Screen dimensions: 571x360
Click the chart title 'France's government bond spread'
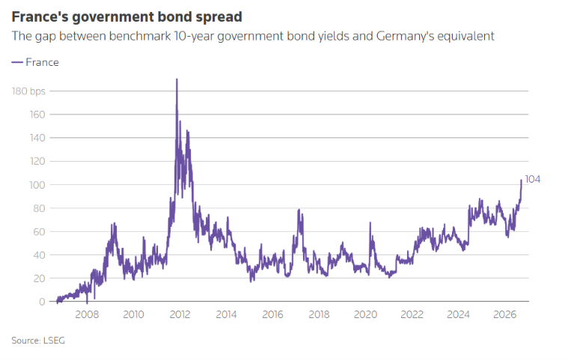click(126, 16)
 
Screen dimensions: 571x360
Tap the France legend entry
click(35, 62)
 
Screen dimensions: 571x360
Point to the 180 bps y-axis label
click(28, 91)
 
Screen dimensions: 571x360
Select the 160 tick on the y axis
click(37, 115)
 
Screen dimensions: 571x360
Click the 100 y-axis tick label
click(37, 185)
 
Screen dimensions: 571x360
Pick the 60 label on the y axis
click(39, 232)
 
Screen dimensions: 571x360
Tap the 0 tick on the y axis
click(42, 302)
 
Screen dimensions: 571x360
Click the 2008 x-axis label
click(87, 314)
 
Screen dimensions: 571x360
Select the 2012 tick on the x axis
click(180, 314)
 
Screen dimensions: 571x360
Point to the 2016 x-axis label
click(272, 314)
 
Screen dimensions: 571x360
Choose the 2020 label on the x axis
click(366, 314)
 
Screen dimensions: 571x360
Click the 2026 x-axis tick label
click(504, 314)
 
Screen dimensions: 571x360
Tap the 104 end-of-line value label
click(532, 180)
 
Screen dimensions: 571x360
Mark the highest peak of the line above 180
click(177, 79)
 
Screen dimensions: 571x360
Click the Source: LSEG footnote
click(38, 341)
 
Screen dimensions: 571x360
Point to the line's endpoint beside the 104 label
click(521, 180)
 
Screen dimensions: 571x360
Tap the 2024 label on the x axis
click(459, 314)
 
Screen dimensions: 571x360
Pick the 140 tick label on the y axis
click(37, 138)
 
